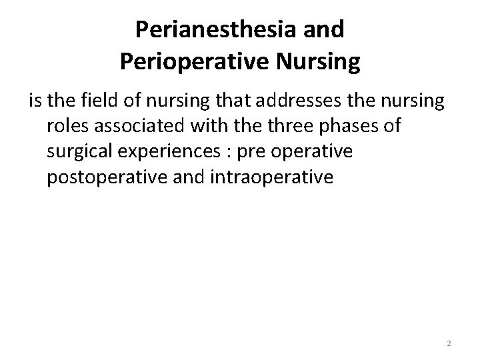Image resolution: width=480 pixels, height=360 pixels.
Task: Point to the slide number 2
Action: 449,343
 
